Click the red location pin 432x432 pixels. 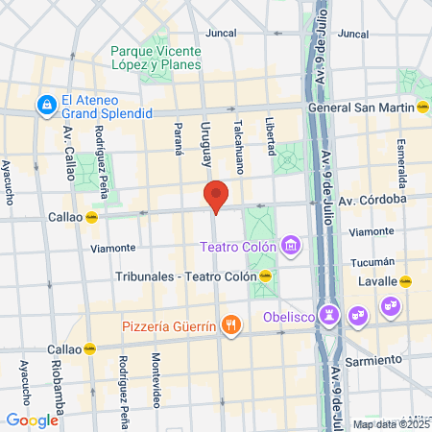tap(216, 195)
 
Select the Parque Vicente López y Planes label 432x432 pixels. tap(156, 58)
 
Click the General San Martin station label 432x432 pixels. tap(360, 108)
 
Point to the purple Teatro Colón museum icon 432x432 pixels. tap(291, 248)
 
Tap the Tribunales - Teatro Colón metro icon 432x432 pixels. tap(266, 276)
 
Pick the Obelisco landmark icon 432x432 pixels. tap(330, 313)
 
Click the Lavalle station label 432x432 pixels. tap(379, 281)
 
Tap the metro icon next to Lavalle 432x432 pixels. tap(406, 281)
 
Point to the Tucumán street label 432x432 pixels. tap(373, 261)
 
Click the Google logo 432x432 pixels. tap(32, 420)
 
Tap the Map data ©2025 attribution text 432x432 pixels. tap(388, 424)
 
